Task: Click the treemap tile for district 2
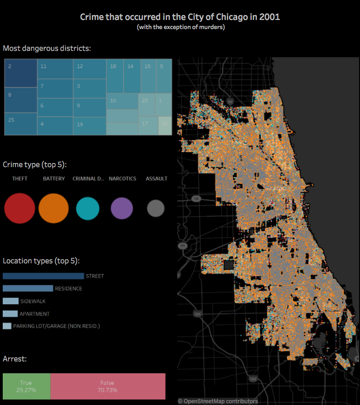(20, 73)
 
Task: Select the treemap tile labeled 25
(20, 124)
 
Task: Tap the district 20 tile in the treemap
(165, 126)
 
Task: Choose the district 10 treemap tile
(122, 101)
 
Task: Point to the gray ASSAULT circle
(156, 209)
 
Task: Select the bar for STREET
(43, 276)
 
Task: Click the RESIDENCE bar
(28, 288)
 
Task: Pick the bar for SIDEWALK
(10, 301)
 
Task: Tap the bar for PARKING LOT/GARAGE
(7, 326)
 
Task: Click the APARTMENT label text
(35, 314)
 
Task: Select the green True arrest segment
(26, 386)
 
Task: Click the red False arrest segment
(108, 386)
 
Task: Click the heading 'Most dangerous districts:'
(47, 48)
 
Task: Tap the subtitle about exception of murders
(180, 27)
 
